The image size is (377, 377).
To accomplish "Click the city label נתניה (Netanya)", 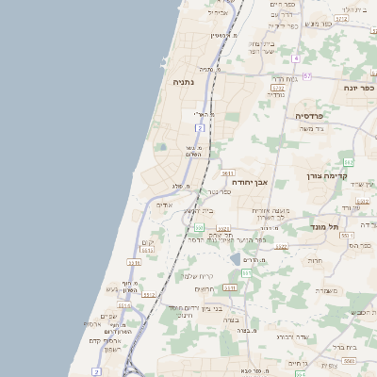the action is pos(183,82).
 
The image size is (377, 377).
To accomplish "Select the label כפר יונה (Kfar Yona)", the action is pos(359,88).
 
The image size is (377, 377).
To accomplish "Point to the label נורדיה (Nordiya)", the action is pos(275,94).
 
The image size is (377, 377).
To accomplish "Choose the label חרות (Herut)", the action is pos(315,261).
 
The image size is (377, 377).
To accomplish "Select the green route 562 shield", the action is pos(348,162).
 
